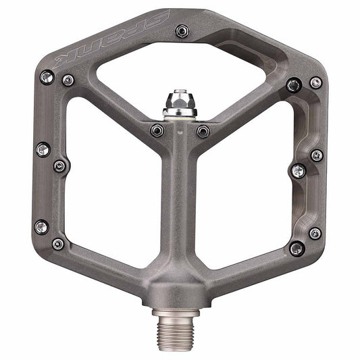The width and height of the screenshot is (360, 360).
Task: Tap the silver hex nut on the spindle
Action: (x=180, y=101)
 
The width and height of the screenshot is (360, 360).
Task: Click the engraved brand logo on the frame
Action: (x=111, y=39)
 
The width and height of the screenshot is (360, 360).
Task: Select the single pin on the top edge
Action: (x=182, y=31)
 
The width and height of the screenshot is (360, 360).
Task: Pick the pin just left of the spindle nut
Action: (x=157, y=130)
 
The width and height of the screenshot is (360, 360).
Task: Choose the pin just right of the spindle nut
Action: (x=203, y=131)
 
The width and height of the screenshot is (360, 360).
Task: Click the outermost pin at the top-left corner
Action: (x=47, y=78)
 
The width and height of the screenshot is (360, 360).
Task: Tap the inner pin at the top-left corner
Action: (x=68, y=80)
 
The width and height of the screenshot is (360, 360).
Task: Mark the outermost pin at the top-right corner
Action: (x=316, y=82)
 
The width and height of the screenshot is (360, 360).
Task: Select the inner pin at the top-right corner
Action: (x=294, y=85)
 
